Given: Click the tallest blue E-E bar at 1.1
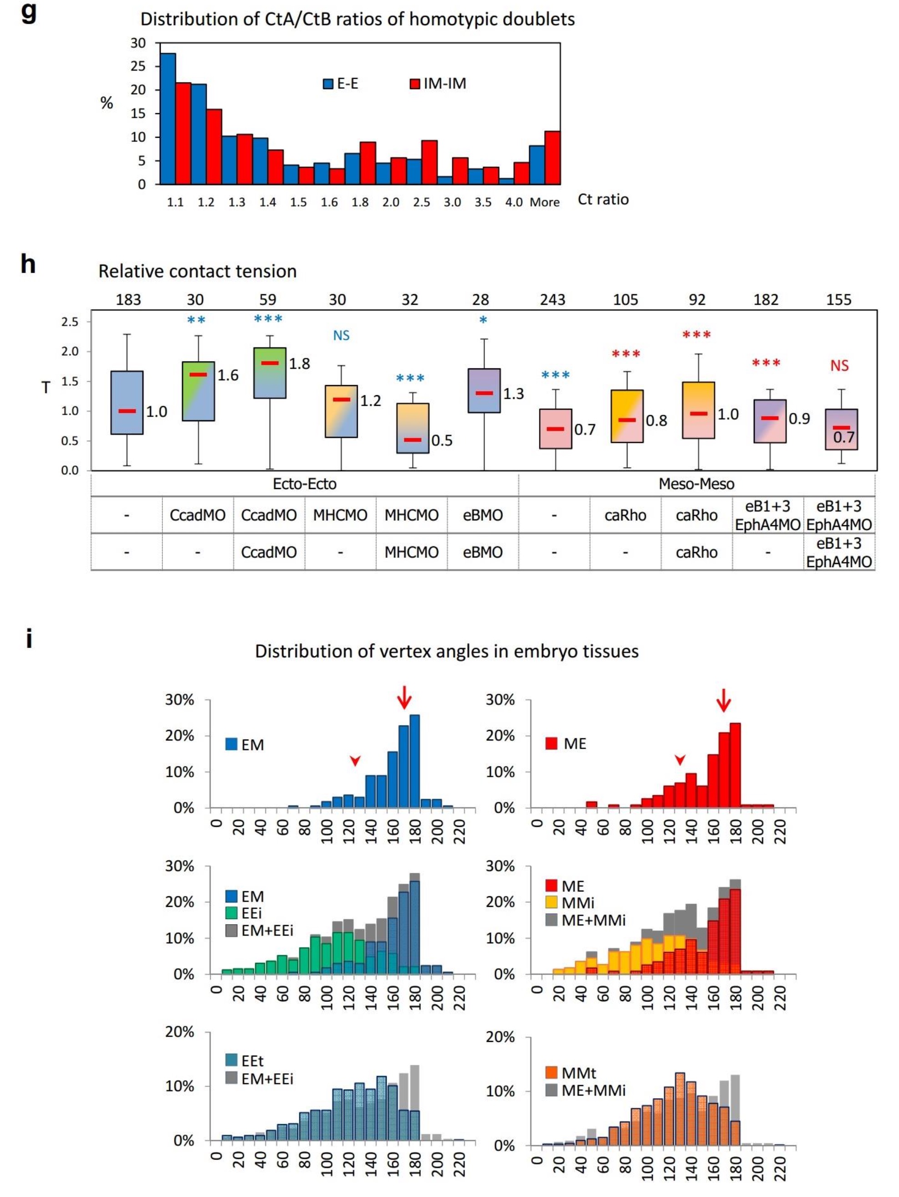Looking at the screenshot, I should [x=168, y=119].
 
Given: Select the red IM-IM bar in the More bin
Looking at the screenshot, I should [x=552, y=157].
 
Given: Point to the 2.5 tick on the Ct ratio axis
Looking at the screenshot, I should [x=421, y=202].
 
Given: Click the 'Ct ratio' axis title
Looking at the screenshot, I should [x=603, y=200].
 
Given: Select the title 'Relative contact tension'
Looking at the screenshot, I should [x=197, y=271].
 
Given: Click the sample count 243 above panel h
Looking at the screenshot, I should [x=553, y=300].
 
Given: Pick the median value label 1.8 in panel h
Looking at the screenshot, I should [x=299, y=364].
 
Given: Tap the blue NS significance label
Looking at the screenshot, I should [x=341, y=336].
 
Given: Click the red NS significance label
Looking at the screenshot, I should [x=839, y=366].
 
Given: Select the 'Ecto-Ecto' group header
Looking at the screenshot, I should [x=304, y=484].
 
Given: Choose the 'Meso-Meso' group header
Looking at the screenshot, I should [x=696, y=484].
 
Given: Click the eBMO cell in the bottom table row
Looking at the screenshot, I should [x=483, y=552].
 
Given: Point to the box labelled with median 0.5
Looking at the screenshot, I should [x=413, y=428].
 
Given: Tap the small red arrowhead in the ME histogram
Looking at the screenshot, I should [x=680, y=760].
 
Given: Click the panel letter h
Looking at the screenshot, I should [x=28, y=265].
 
